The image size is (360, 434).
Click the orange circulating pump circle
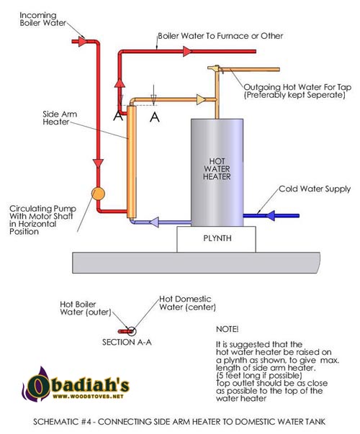pos(98,194)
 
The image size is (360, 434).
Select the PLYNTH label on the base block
pos(217,238)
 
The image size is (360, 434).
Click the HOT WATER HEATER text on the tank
pos(217,169)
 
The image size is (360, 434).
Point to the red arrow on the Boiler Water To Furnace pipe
pos(187,51)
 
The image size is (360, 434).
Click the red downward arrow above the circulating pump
pos(98,163)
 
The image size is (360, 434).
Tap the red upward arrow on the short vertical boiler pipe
pos(120,83)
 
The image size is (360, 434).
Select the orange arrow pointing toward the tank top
pos(202,99)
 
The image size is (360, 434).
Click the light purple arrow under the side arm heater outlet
pos(154,222)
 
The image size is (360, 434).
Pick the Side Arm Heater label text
pos(60,118)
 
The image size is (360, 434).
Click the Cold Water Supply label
pos(315,189)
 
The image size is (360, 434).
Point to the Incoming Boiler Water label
pos(42,19)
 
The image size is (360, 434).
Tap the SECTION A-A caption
pos(127,343)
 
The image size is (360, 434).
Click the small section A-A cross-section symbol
pos(127,331)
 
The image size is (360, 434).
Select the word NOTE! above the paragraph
pos(227,329)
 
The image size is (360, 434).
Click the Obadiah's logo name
pos(78,384)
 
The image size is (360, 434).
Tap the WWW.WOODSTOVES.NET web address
pos(88,397)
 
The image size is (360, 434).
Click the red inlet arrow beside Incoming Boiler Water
pos(82,42)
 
